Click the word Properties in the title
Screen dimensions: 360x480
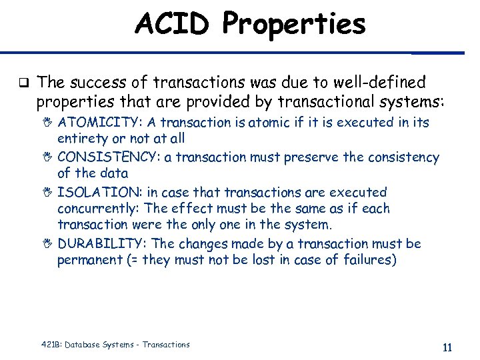(x=294, y=25)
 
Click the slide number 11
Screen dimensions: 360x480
(x=447, y=347)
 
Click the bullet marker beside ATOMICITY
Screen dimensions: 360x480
(x=47, y=123)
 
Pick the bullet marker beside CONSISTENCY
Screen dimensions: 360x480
(x=47, y=157)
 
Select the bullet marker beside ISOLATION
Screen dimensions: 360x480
(x=47, y=192)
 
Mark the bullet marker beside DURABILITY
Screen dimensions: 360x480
(x=47, y=244)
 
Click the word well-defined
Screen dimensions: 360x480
(x=383, y=83)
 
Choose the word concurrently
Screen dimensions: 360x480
(x=98, y=209)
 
